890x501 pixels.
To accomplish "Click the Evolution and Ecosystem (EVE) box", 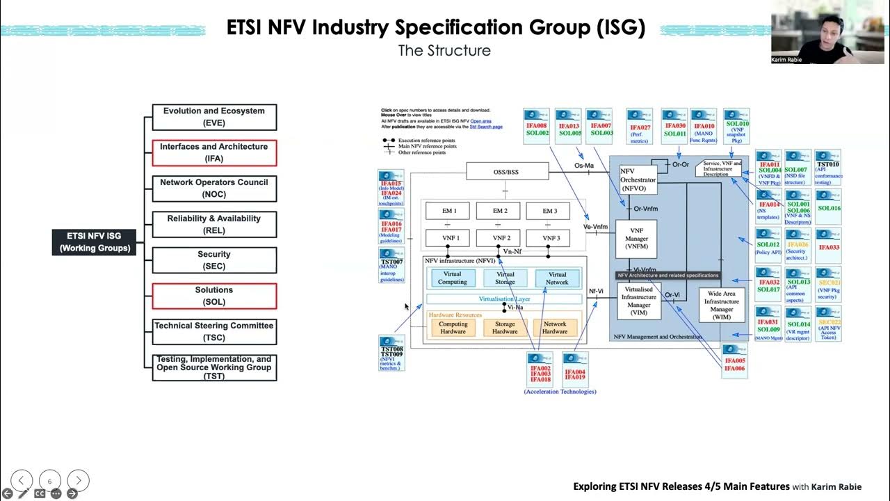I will tap(214, 117).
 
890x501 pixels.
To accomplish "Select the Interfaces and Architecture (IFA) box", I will tap(214, 152).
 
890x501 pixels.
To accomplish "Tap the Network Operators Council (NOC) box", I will tap(214, 189).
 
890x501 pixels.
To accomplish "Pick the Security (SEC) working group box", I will tap(214, 260).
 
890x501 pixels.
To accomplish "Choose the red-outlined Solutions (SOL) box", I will tap(214, 296).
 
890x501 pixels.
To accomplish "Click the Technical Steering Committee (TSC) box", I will tap(214, 331).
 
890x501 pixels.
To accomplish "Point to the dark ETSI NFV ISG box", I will tap(95, 242).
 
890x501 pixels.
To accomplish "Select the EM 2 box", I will tap(501, 211).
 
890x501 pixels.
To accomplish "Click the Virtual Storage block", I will tap(505, 278).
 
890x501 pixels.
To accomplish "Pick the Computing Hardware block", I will tap(453, 328).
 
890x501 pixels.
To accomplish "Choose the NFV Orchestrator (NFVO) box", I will tap(638, 180).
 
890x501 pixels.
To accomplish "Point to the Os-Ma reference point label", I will tap(584, 166).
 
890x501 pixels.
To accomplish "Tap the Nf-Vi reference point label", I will tap(596, 292).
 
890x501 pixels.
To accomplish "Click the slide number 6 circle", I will tap(49, 481).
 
